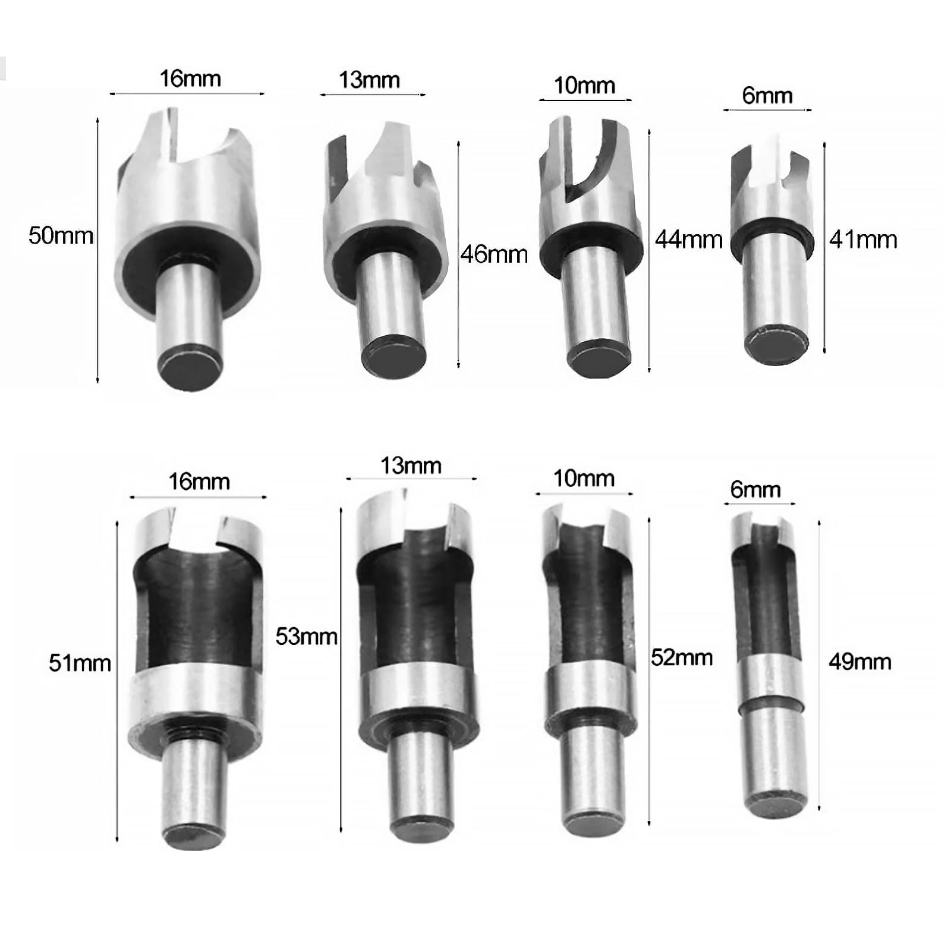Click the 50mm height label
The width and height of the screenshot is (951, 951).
click(61, 236)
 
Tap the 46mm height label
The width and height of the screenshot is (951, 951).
click(494, 254)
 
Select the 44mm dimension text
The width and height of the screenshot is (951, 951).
click(689, 240)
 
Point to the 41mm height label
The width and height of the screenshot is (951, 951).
click(863, 240)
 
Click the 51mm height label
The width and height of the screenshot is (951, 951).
click(80, 663)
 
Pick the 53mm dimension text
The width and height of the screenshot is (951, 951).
click(306, 637)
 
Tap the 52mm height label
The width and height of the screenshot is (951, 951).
click(682, 658)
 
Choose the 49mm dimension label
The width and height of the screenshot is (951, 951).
click(860, 662)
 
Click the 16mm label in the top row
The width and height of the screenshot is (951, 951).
click(190, 78)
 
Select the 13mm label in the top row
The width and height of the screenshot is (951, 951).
click(369, 80)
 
